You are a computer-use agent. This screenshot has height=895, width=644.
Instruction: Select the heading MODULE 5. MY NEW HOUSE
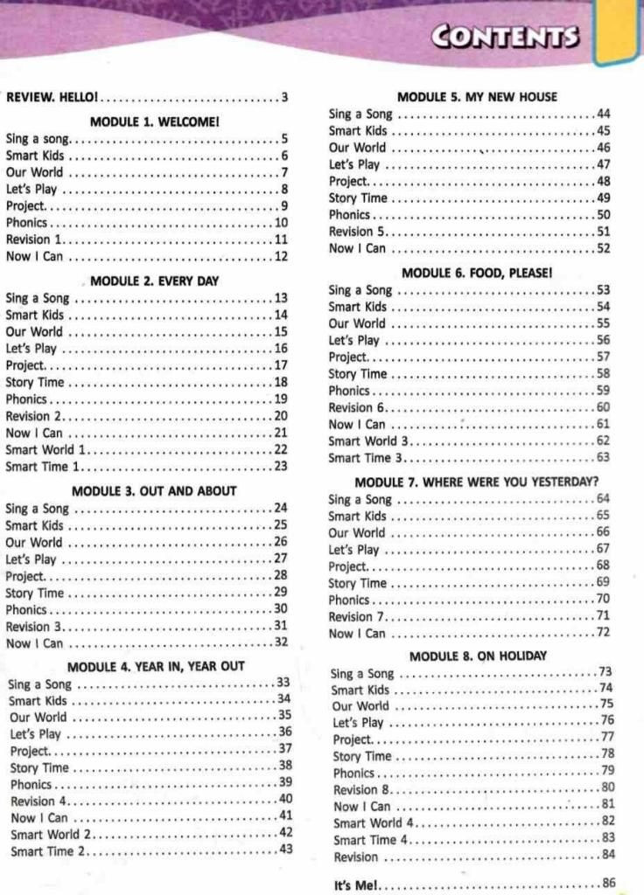click(477, 97)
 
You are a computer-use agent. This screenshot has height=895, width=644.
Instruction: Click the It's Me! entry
click(356, 885)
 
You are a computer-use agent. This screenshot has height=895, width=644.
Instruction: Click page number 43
click(285, 849)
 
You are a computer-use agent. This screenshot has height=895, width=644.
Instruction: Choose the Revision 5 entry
click(357, 232)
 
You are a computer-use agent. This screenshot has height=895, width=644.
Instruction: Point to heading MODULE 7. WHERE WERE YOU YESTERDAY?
click(477, 482)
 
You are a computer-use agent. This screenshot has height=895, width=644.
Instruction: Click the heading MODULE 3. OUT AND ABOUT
click(154, 490)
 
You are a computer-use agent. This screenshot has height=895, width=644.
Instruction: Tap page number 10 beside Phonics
click(281, 223)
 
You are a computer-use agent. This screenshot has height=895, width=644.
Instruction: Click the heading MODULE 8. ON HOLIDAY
click(478, 656)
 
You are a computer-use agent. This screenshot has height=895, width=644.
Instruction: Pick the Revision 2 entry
click(34, 416)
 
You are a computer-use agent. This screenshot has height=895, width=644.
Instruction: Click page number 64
click(603, 498)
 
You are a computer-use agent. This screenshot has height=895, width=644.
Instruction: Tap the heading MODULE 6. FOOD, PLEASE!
click(477, 273)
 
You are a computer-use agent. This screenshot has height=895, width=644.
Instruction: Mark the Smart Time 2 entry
click(45, 851)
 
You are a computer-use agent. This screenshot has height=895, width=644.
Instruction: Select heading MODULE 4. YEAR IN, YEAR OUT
click(156, 666)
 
